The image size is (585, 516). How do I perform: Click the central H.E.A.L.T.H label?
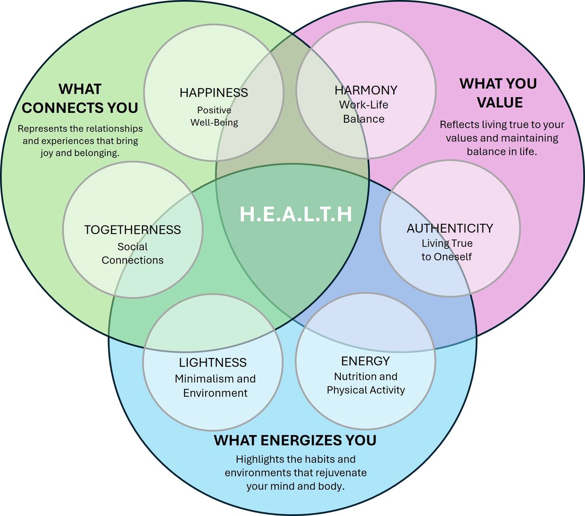(296, 214)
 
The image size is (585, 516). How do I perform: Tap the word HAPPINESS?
(214, 92)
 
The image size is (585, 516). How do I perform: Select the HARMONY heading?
(366, 90)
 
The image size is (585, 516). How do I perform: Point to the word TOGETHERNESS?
(133, 230)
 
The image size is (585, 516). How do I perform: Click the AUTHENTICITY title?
(450, 228)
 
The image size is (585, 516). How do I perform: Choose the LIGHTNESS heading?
(213, 362)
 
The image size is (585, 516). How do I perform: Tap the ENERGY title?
(366, 361)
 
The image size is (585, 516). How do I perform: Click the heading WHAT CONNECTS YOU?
(80, 99)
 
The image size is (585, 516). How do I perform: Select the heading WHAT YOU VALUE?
(499, 93)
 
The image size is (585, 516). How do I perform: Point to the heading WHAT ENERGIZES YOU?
(295, 441)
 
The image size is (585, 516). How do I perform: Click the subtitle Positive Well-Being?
(214, 117)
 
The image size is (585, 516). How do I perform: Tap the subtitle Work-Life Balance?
(364, 112)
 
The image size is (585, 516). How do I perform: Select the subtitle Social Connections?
(133, 253)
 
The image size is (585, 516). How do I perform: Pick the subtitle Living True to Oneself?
(447, 250)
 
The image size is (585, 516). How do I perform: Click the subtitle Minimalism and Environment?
(215, 386)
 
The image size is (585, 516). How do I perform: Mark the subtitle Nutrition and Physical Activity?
(366, 383)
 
